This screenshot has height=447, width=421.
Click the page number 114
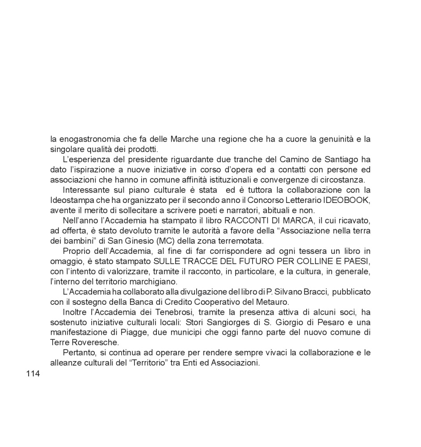[x=33, y=374]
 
